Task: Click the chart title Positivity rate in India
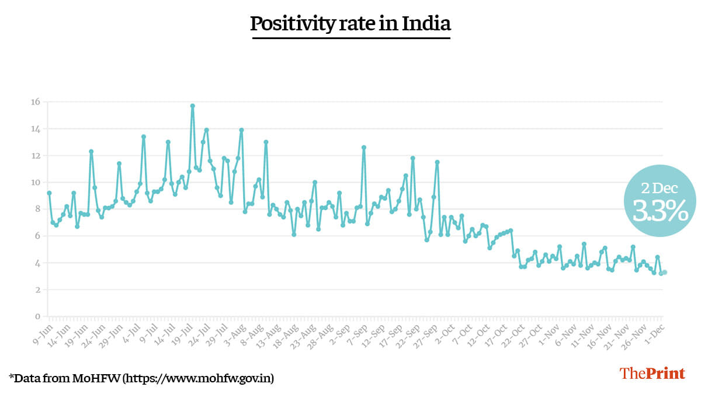tap(350, 24)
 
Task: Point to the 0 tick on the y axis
tap(37, 317)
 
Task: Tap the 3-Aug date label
tap(234, 332)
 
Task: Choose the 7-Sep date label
tap(356, 332)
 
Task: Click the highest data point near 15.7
tap(192, 106)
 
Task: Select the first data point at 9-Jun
tap(49, 193)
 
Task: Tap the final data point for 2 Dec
tap(665, 272)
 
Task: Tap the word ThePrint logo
tap(652, 374)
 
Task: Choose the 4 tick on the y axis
tap(37, 263)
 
